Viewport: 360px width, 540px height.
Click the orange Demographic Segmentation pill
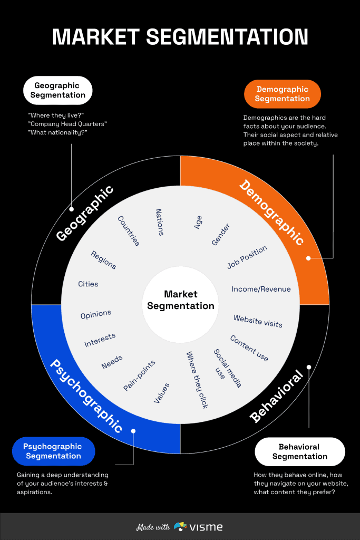[283, 94]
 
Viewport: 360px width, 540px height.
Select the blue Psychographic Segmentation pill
[54, 451]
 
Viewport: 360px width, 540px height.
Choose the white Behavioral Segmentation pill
[300, 451]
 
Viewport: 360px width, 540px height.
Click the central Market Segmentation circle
[181, 300]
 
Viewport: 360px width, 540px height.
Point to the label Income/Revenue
[261, 289]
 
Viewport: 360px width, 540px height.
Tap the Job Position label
[247, 257]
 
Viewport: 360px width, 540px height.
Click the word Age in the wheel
[198, 223]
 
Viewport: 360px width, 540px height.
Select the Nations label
[160, 221]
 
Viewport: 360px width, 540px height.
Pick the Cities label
[88, 284]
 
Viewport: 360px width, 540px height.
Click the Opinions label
[96, 314]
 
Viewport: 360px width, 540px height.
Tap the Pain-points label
[140, 375]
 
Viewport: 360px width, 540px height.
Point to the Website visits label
[258, 321]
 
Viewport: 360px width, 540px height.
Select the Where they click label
[197, 380]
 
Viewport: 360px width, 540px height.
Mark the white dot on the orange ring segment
[308, 258]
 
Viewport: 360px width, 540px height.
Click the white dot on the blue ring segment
[133, 431]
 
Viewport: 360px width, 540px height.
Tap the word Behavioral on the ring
[277, 397]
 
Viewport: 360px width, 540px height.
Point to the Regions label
[103, 259]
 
